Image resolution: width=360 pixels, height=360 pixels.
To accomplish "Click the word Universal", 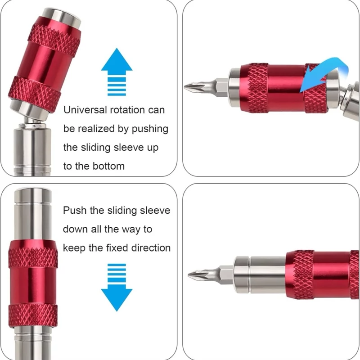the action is tap(85, 110).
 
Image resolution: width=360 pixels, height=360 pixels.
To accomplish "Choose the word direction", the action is tap(151, 248).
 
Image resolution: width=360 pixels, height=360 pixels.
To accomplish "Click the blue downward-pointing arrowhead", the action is tap(117, 298).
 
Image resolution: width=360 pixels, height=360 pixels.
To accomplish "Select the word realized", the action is tap(97, 129).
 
